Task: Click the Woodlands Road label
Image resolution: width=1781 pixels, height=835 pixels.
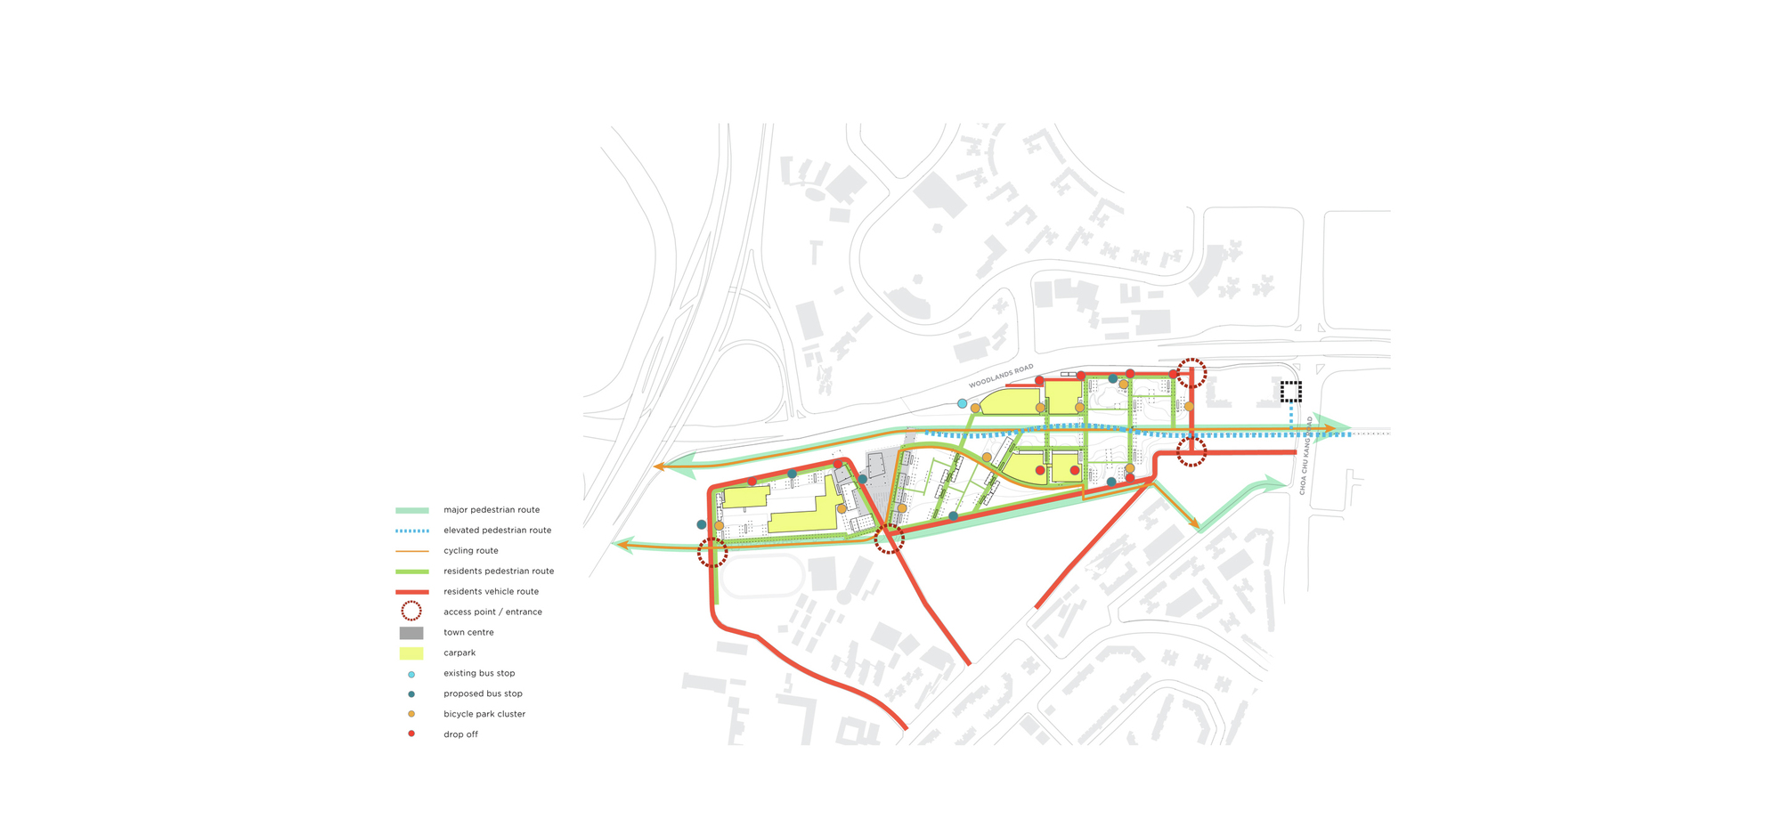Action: pyautogui.click(x=1001, y=376)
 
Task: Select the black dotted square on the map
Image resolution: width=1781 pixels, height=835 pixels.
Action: pyautogui.click(x=1290, y=391)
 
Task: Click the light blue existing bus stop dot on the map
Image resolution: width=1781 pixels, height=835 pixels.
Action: pyautogui.click(x=962, y=404)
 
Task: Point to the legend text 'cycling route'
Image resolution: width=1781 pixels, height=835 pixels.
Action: pyautogui.click(x=470, y=551)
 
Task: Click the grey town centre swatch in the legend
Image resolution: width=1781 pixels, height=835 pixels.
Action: pyautogui.click(x=411, y=633)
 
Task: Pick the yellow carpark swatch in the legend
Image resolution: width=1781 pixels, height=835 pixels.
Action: pyautogui.click(x=411, y=653)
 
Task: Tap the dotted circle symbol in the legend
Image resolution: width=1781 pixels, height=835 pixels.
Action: pyautogui.click(x=411, y=612)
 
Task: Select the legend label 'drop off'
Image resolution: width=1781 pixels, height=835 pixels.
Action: pyautogui.click(x=460, y=734)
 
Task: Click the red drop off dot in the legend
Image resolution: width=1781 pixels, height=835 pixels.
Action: pyautogui.click(x=411, y=734)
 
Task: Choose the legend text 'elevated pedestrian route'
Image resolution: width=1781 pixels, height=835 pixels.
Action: pyautogui.click(x=497, y=531)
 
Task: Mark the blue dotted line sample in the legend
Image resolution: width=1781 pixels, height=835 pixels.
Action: pyautogui.click(x=411, y=531)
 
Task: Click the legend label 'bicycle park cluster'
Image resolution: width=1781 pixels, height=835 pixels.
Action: pyautogui.click(x=484, y=714)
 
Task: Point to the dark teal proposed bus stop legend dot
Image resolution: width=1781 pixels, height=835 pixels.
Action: pyautogui.click(x=411, y=694)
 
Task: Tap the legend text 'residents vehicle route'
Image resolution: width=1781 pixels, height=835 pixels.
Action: pyautogui.click(x=491, y=592)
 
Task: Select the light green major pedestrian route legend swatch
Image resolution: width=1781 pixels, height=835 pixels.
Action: pyautogui.click(x=411, y=510)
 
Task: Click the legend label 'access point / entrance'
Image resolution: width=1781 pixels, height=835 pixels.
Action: pyautogui.click(x=492, y=612)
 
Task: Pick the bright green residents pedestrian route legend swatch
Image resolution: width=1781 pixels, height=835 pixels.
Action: pyautogui.click(x=411, y=572)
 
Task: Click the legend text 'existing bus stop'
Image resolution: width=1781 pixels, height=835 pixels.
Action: pyautogui.click(x=479, y=674)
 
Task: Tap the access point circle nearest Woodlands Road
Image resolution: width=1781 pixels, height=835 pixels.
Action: pyautogui.click(x=1191, y=373)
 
